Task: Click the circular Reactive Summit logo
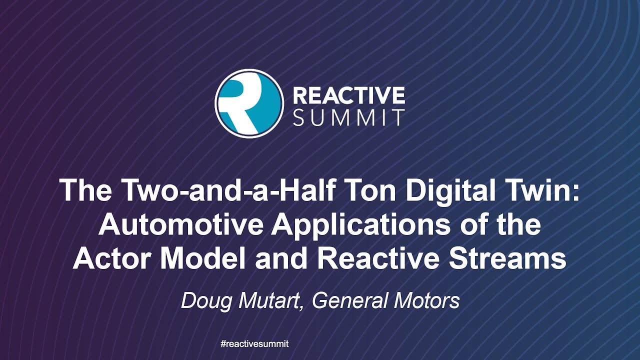click(x=249, y=103)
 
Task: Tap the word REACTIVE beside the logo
click(x=348, y=94)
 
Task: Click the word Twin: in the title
click(x=548, y=190)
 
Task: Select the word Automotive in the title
click(x=180, y=225)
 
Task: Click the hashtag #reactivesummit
click(x=254, y=344)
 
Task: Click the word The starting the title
click(x=85, y=190)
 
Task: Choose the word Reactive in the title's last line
click(x=380, y=259)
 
